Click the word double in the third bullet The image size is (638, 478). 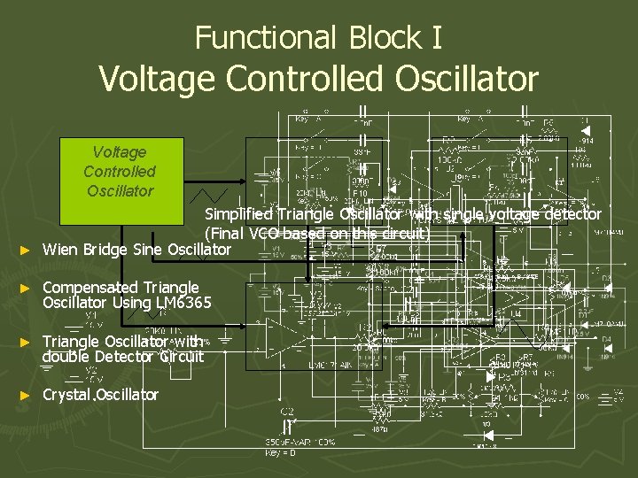tap(67, 357)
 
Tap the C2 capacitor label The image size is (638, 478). tap(287, 412)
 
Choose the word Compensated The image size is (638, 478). tap(89, 288)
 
